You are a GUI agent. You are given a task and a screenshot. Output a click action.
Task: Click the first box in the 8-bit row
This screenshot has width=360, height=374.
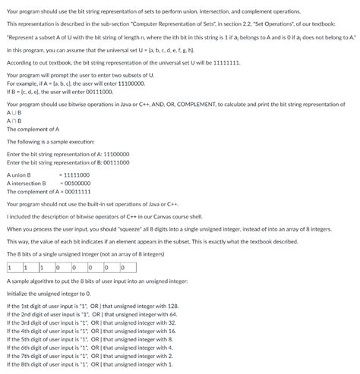click(14, 267)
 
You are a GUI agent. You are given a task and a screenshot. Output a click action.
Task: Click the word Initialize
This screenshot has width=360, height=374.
click(18, 293)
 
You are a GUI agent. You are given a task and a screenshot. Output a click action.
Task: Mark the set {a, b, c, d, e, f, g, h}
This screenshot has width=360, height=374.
click(152, 49)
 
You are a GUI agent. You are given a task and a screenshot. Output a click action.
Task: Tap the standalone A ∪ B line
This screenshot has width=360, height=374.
click(14, 112)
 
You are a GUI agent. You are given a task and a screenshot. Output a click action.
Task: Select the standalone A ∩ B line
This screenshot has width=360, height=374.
click(14, 121)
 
